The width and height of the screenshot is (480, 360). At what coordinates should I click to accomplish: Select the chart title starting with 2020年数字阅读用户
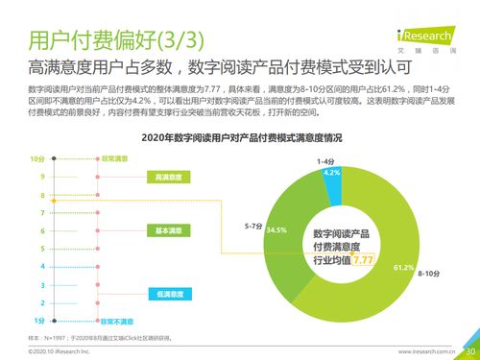[x=241, y=138]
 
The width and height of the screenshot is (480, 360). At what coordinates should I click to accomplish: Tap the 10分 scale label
[x=36, y=158]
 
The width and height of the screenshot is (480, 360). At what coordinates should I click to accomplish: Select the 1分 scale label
[x=38, y=320]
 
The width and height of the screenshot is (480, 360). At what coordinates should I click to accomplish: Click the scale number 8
[x=42, y=195]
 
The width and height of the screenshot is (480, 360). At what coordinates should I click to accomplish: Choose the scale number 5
[x=42, y=249]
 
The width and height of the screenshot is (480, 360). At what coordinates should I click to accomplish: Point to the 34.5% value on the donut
[x=276, y=230]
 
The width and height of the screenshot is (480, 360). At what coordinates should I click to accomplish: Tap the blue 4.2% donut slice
[x=331, y=173]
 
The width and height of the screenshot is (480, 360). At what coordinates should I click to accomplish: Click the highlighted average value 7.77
[x=362, y=260]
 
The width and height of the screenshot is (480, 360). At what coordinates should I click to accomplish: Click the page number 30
[x=470, y=350]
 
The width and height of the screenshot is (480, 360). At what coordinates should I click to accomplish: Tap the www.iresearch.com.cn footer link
[x=429, y=351]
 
